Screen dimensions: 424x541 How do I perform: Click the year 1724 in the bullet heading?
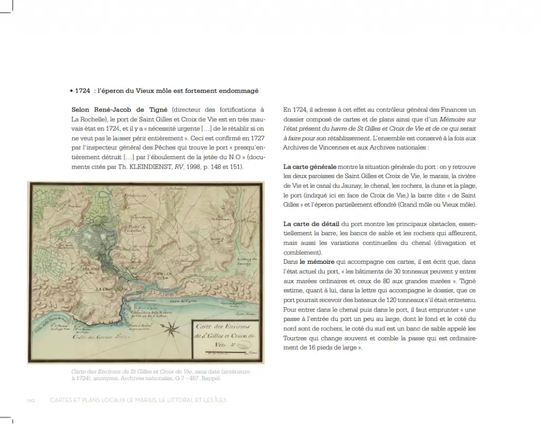click(82, 91)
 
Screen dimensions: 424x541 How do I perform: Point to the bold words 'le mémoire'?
click(318, 262)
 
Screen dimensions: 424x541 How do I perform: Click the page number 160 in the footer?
click(31, 400)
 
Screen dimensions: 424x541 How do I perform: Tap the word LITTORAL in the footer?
click(179, 400)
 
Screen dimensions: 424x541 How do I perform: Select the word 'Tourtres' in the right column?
click(296, 338)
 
